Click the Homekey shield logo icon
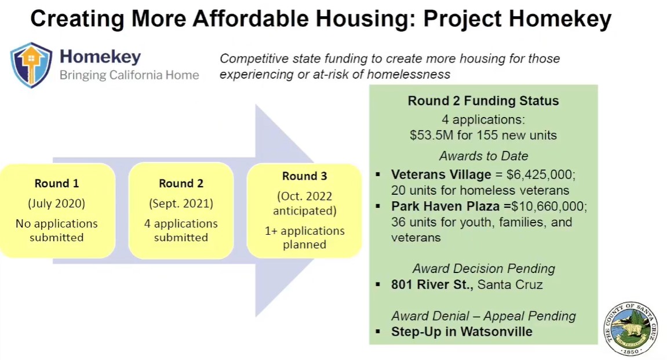pos(31,65)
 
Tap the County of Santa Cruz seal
pos(631,329)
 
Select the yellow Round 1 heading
pos(57,183)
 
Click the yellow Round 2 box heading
pos(181,183)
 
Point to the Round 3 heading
pos(305,176)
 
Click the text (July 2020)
pos(57,203)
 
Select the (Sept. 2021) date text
pos(181,203)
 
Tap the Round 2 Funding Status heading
pos(483,101)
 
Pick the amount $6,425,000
pos(535,174)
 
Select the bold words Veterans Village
pos(441,174)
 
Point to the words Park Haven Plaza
pos(446,206)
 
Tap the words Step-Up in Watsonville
pos(461,332)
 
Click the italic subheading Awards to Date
pos(484,156)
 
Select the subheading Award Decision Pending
pos(484,268)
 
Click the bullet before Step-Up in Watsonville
pos(378,332)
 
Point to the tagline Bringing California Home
pos(129,75)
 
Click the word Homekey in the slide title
pos(560,19)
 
